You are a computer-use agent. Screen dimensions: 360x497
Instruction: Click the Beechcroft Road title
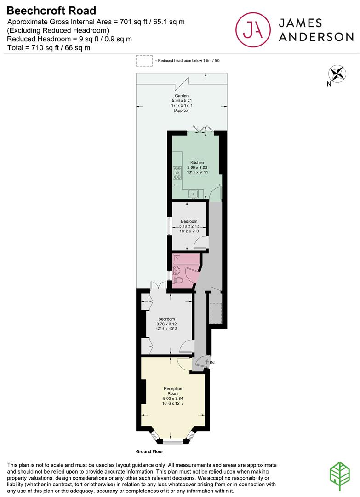51,11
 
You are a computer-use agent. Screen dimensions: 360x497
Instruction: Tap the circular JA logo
253,29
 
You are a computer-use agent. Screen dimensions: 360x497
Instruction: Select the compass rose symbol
337,74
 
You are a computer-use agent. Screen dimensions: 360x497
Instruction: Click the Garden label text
182,96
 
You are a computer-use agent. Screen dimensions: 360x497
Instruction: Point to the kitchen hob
177,172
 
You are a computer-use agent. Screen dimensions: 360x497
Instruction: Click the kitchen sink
194,194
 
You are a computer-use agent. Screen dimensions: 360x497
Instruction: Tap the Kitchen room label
197,162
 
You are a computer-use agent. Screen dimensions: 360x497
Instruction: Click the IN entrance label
212,363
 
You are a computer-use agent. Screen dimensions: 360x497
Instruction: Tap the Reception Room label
173,391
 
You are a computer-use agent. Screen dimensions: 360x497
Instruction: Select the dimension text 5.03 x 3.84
173,399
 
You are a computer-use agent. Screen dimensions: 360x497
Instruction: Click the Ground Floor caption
149,451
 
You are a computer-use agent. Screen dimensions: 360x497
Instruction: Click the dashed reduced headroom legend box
144,61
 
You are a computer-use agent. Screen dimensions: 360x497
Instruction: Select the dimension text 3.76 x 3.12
166,324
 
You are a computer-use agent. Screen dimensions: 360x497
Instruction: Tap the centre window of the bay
173,441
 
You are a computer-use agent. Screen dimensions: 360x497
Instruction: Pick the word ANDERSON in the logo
316,37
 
